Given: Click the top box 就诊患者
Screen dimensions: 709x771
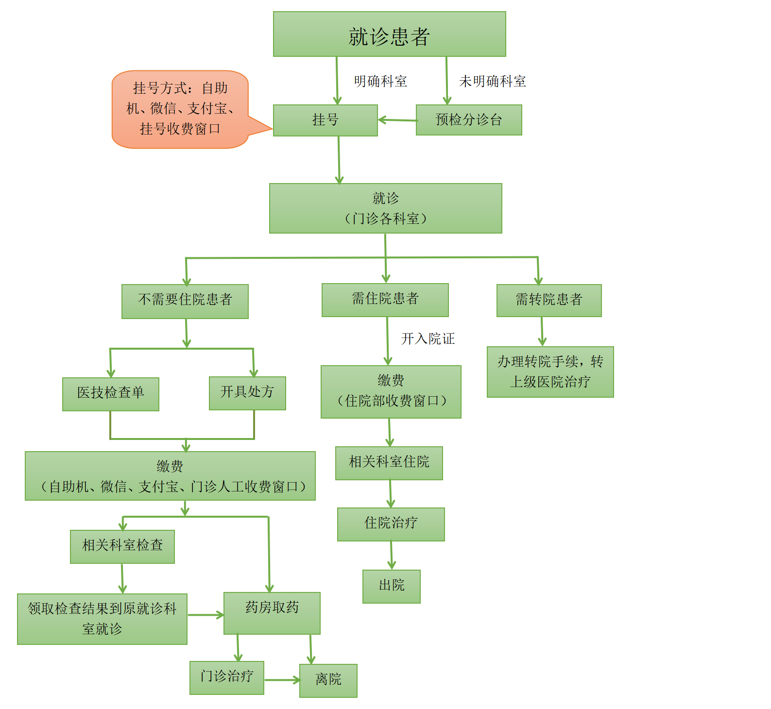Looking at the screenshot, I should coord(389,34).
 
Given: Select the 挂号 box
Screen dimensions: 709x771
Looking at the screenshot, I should coord(325,120).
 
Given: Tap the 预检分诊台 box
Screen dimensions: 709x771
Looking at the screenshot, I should coord(469,120).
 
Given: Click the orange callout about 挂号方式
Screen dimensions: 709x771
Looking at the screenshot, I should coord(180,109).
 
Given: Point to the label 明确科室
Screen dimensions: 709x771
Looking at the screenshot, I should coord(380,81).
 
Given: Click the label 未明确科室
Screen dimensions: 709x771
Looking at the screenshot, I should coord(493,81).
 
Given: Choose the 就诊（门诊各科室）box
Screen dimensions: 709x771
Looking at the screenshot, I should coord(385,208).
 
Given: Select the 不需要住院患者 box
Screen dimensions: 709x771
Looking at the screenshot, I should coord(185,302).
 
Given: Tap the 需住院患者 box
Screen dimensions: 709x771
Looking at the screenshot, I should coord(385,300).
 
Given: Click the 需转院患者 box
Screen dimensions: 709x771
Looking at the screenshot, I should coord(549,301).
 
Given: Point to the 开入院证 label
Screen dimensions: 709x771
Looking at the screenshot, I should coord(428,338).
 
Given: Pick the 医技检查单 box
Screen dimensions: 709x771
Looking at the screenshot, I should coord(111,394).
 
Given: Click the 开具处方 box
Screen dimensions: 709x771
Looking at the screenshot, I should coord(247,393).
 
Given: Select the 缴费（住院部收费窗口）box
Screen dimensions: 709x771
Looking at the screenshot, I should coord(391,391).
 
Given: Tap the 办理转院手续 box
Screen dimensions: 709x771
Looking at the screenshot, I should coord(550,372).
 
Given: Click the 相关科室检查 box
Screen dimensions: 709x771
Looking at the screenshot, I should coord(122,546).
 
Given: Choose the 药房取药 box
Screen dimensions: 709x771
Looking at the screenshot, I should coord(272,613).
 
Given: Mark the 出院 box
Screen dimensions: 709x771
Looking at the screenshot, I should coord(391,586).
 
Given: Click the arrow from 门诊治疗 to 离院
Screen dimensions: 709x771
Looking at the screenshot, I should coord(282,680).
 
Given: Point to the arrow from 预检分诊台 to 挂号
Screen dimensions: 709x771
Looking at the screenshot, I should coord(397,120).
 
